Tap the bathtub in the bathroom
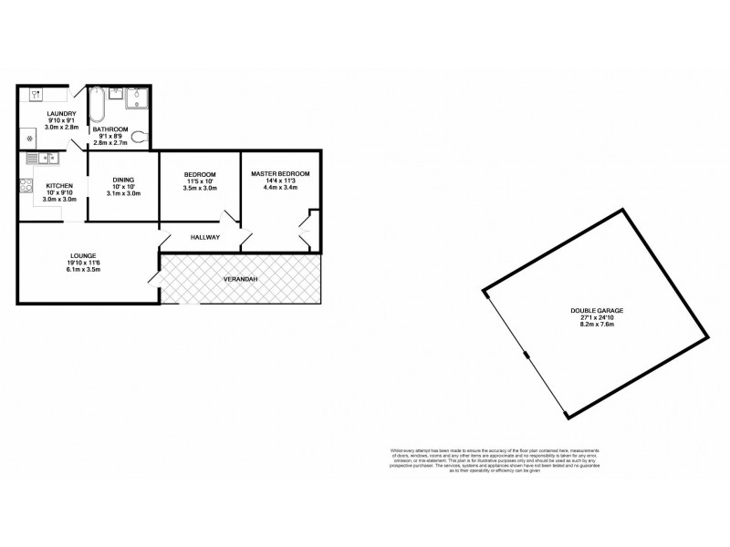pos(97,107)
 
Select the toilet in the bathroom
pos(138,137)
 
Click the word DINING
pos(123,180)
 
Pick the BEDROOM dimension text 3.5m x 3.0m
pos(199,189)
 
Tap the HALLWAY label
pos(205,237)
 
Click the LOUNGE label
pos(83,255)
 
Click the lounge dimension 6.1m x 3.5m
pos(83,270)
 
